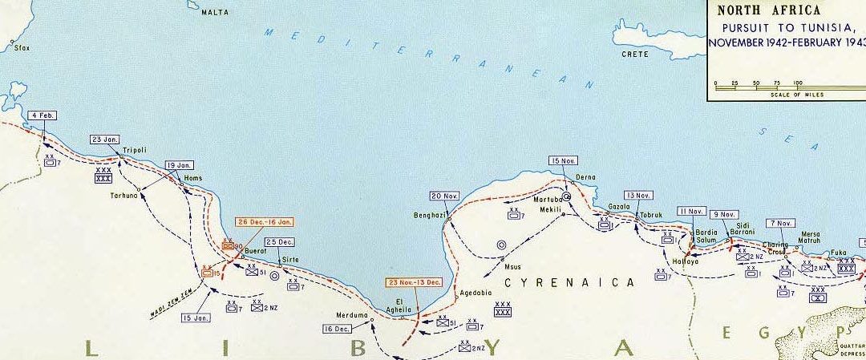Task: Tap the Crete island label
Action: coord(635,55)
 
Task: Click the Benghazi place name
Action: coord(428,215)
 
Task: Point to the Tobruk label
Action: coord(648,215)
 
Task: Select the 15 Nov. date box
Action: coord(563,161)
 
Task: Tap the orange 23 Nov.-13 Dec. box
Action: coord(415,282)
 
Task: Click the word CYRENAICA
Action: coord(569,282)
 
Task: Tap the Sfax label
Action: coord(22,48)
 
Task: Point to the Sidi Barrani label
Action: coord(742,227)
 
